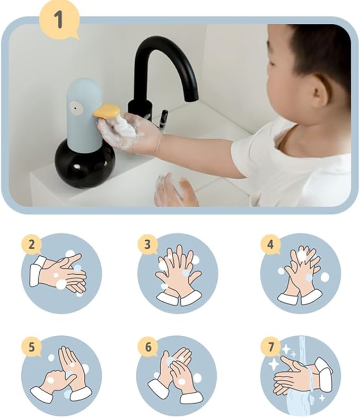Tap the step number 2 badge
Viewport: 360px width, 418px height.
[x=32, y=245]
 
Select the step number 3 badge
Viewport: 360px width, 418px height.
[x=147, y=245]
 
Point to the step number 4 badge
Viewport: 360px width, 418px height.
[x=270, y=245]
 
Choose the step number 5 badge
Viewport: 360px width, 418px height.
[x=32, y=347]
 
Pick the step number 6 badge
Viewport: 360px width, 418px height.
[x=147, y=347]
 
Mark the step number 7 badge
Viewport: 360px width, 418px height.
[x=270, y=347]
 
